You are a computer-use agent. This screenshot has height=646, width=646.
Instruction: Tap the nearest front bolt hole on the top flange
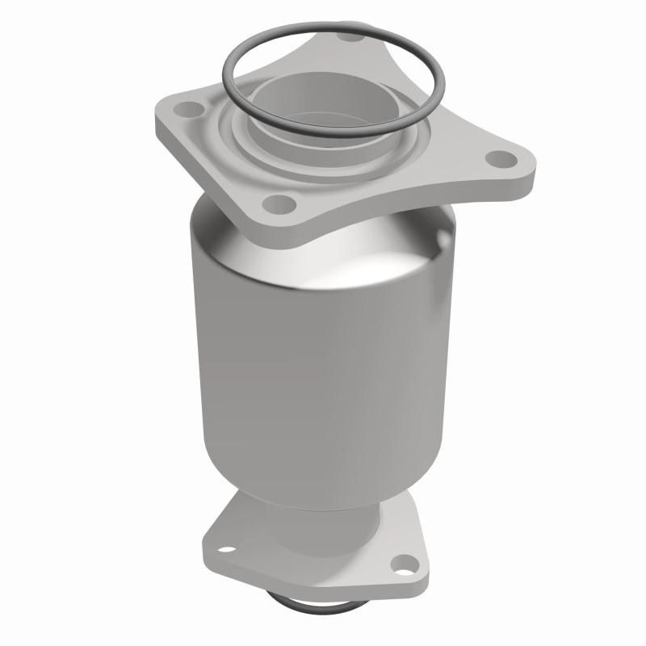[277, 202]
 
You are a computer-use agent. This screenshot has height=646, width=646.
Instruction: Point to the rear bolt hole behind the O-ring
[349, 36]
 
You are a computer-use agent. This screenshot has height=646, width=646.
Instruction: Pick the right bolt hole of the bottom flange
[401, 564]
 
